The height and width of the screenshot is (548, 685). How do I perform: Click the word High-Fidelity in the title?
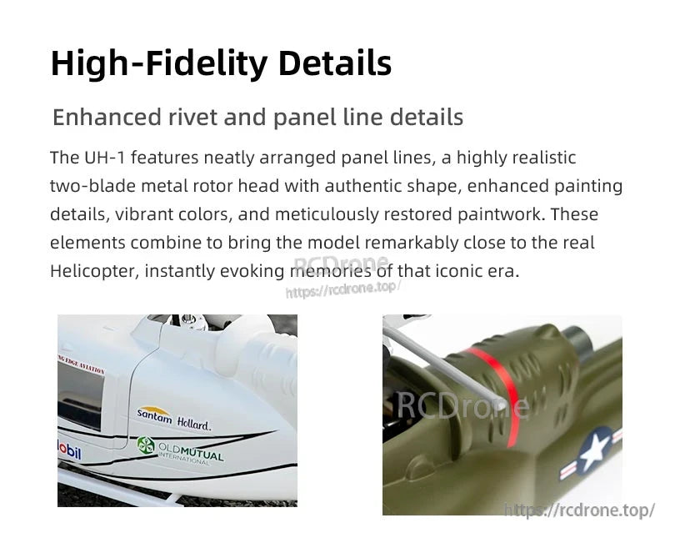tap(159, 64)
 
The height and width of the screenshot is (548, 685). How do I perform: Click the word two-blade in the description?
tap(87, 186)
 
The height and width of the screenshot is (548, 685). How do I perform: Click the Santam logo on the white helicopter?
tap(154, 413)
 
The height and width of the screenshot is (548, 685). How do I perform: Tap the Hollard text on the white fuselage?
tap(194, 425)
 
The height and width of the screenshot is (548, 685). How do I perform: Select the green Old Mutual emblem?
tap(147, 446)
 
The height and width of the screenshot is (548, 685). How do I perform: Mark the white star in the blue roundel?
tap(594, 452)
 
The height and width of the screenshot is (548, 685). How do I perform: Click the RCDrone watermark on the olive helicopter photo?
tap(462, 405)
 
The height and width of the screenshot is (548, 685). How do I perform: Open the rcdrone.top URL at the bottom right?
tap(580, 510)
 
